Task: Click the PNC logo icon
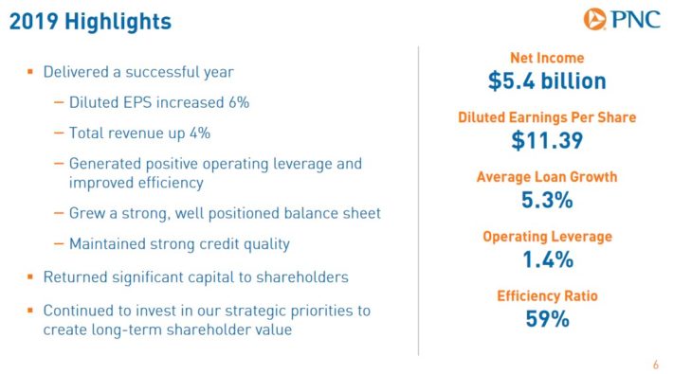tap(594, 19)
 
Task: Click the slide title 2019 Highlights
tap(90, 22)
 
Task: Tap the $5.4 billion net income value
tap(547, 81)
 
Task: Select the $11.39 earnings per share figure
tap(547, 140)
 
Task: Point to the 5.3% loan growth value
tap(547, 200)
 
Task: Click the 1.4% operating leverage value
tap(548, 259)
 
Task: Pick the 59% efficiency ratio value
tap(547, 319)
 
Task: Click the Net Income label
tap(547, 58)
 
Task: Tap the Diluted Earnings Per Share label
tap(547, 117)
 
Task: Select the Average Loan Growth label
tap(547, 177)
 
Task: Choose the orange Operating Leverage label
tap(547, 237)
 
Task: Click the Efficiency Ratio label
tap(547, 296)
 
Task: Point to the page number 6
tap(655, 365)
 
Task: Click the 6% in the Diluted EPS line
tap(239, 102)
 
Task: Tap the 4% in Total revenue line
tap(200, 133)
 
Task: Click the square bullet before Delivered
tap(30, 72)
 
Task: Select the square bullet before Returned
tap(30, 276)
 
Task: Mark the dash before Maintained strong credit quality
tap(59, 244)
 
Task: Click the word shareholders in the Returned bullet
tap(302, 277)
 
